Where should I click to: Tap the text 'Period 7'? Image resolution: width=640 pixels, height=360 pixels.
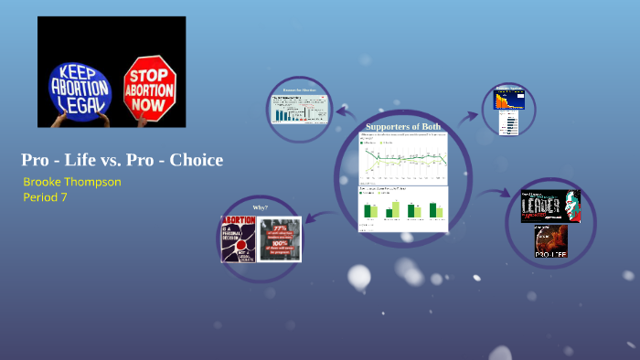point(47,196)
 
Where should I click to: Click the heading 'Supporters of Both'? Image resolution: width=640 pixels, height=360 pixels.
point(403,126)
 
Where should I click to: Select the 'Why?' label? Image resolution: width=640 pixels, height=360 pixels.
point(261,207)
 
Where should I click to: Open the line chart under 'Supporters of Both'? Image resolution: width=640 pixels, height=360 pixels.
point(403,158)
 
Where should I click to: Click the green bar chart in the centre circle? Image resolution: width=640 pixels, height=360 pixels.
point(403,206)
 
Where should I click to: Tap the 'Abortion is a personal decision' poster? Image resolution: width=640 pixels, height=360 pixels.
point(239,238)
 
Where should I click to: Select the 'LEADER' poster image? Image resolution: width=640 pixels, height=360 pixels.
point(550,206)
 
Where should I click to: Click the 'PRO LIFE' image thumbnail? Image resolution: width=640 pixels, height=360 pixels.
point(550,240)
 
